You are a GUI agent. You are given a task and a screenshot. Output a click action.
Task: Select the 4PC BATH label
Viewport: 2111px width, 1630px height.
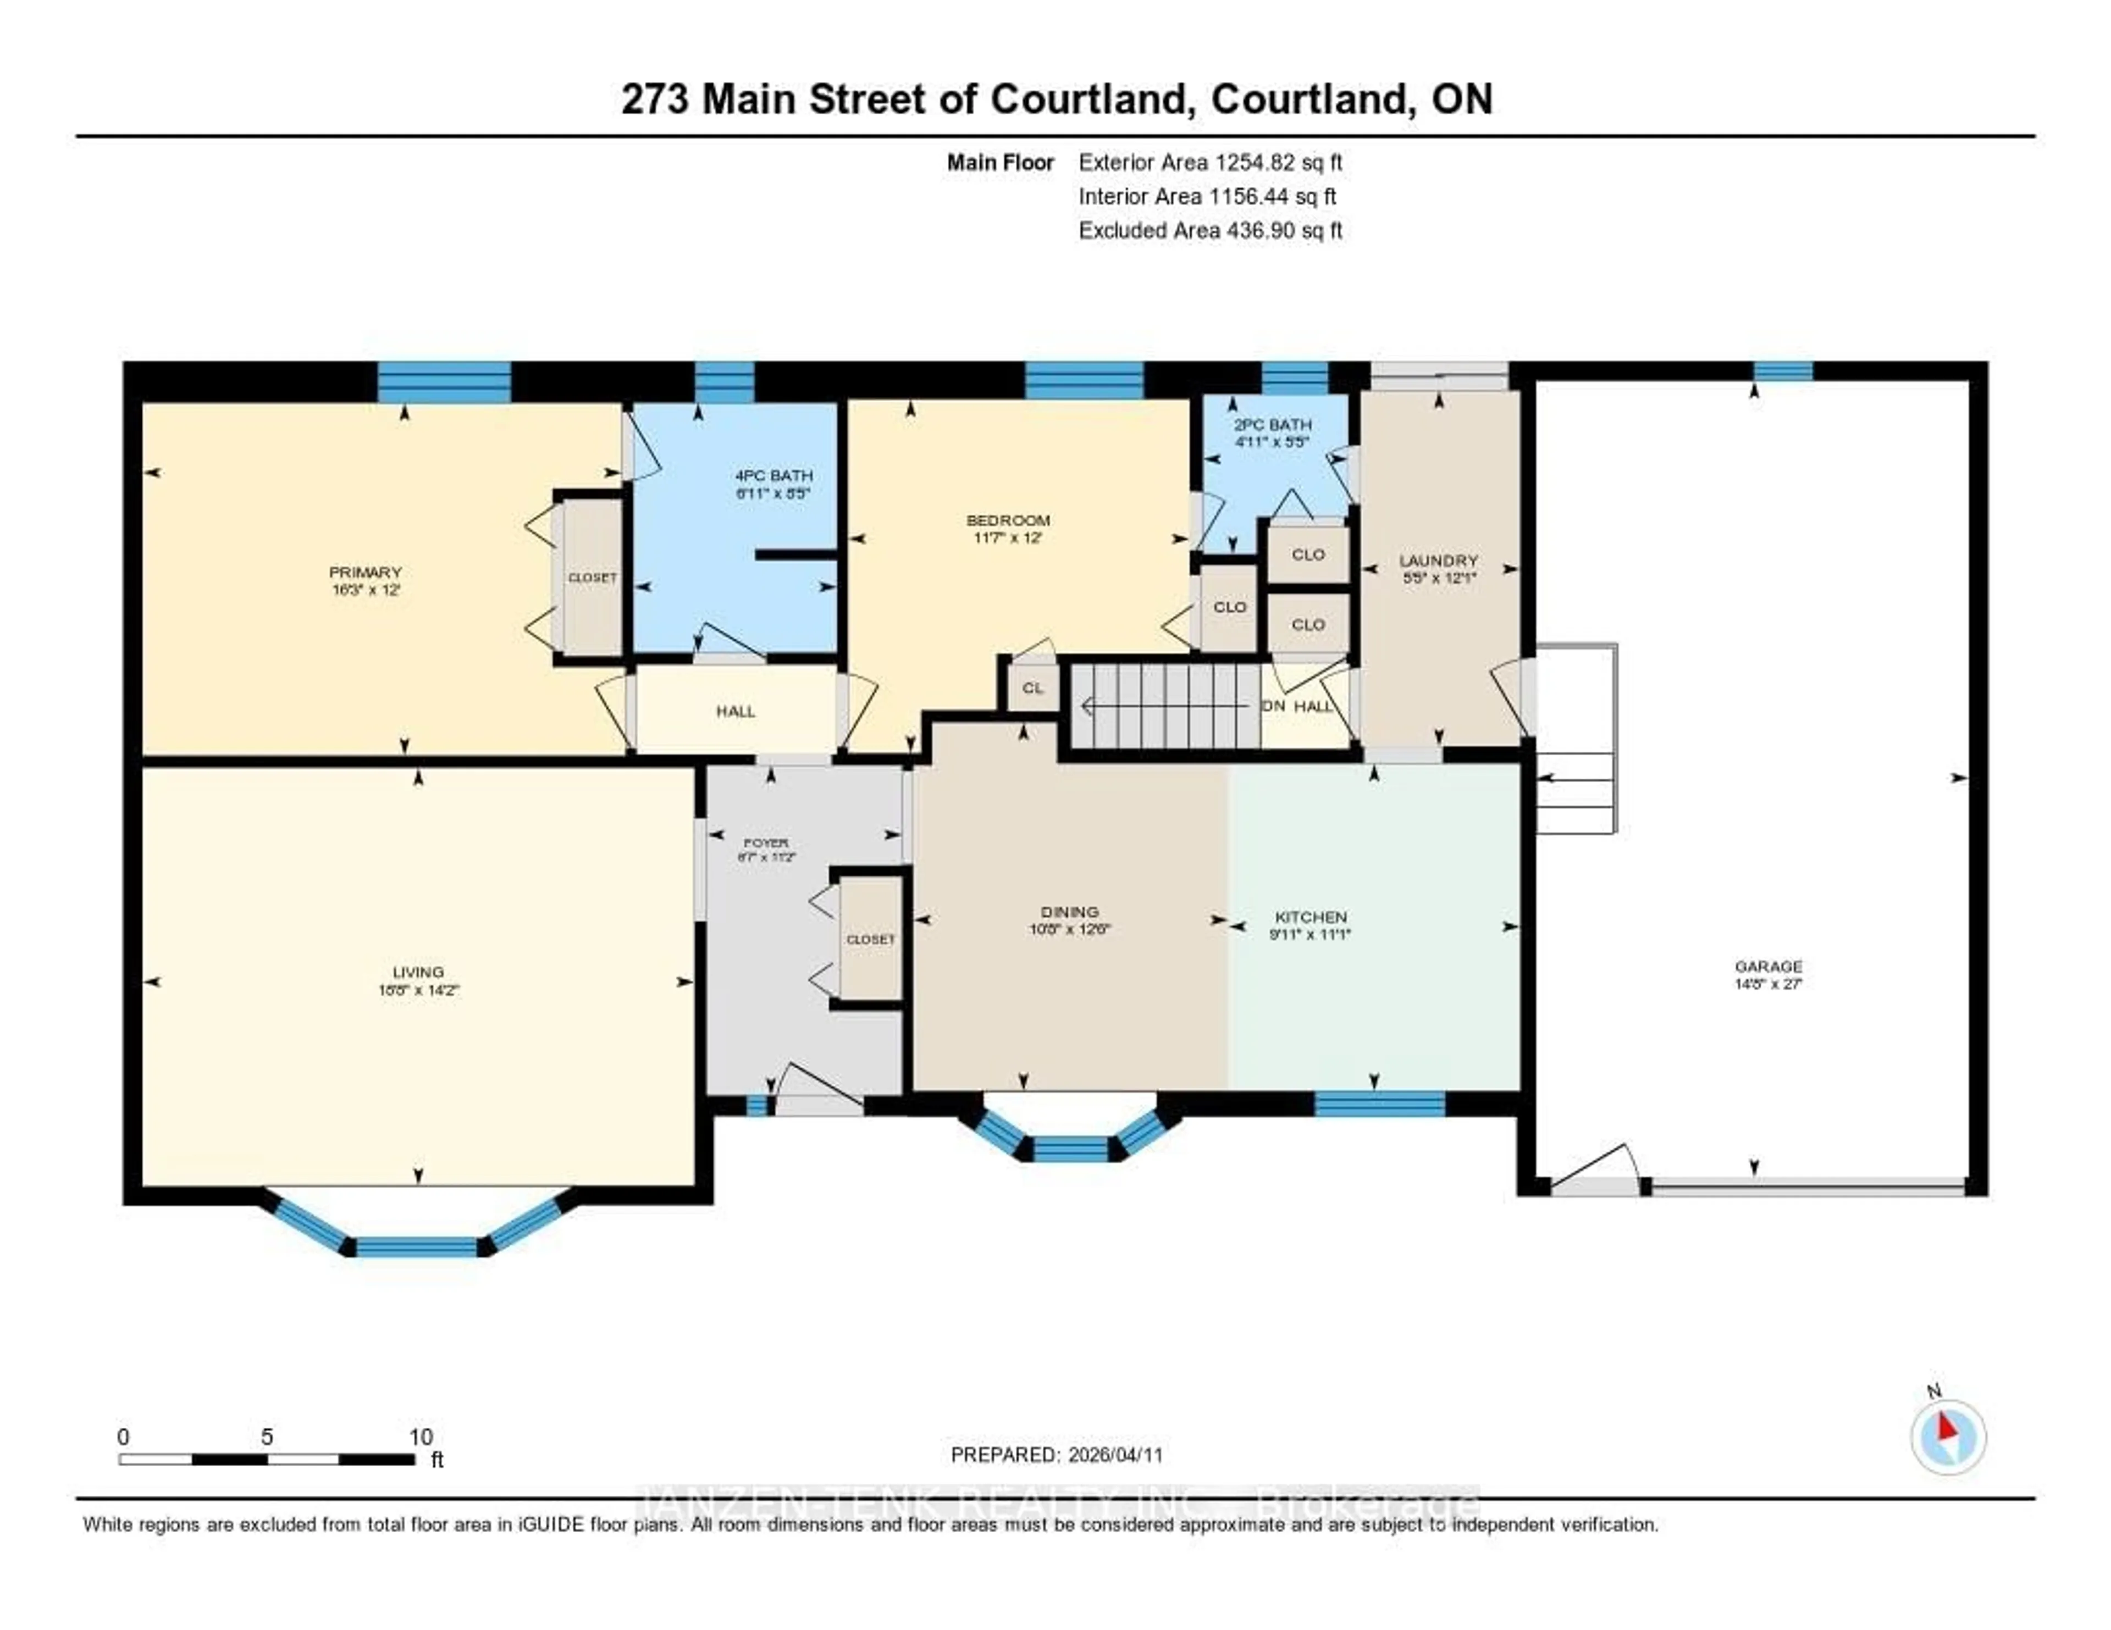click(773, 475)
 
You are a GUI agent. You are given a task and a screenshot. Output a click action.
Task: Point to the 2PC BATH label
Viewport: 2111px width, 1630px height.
click(1272, 424)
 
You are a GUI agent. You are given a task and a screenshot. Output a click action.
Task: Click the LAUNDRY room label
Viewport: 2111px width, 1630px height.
click(1438, 561)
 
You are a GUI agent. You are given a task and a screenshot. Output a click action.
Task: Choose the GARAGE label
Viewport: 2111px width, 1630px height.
click(1768, 966)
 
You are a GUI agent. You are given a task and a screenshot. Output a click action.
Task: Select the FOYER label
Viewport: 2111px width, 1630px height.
click(766, 842)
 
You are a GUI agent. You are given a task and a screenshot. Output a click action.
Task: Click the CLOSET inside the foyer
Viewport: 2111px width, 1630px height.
click(870, 939)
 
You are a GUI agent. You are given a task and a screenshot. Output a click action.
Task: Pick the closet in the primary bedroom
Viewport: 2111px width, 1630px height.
click(592, 578)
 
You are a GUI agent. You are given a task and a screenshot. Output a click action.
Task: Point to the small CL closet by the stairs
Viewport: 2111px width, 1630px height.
click(1032, 688)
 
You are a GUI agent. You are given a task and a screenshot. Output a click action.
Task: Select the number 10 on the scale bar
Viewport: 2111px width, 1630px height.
click(421, 1437)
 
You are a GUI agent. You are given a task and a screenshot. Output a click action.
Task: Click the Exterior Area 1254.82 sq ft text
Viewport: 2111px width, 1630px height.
click(1210, 162)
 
